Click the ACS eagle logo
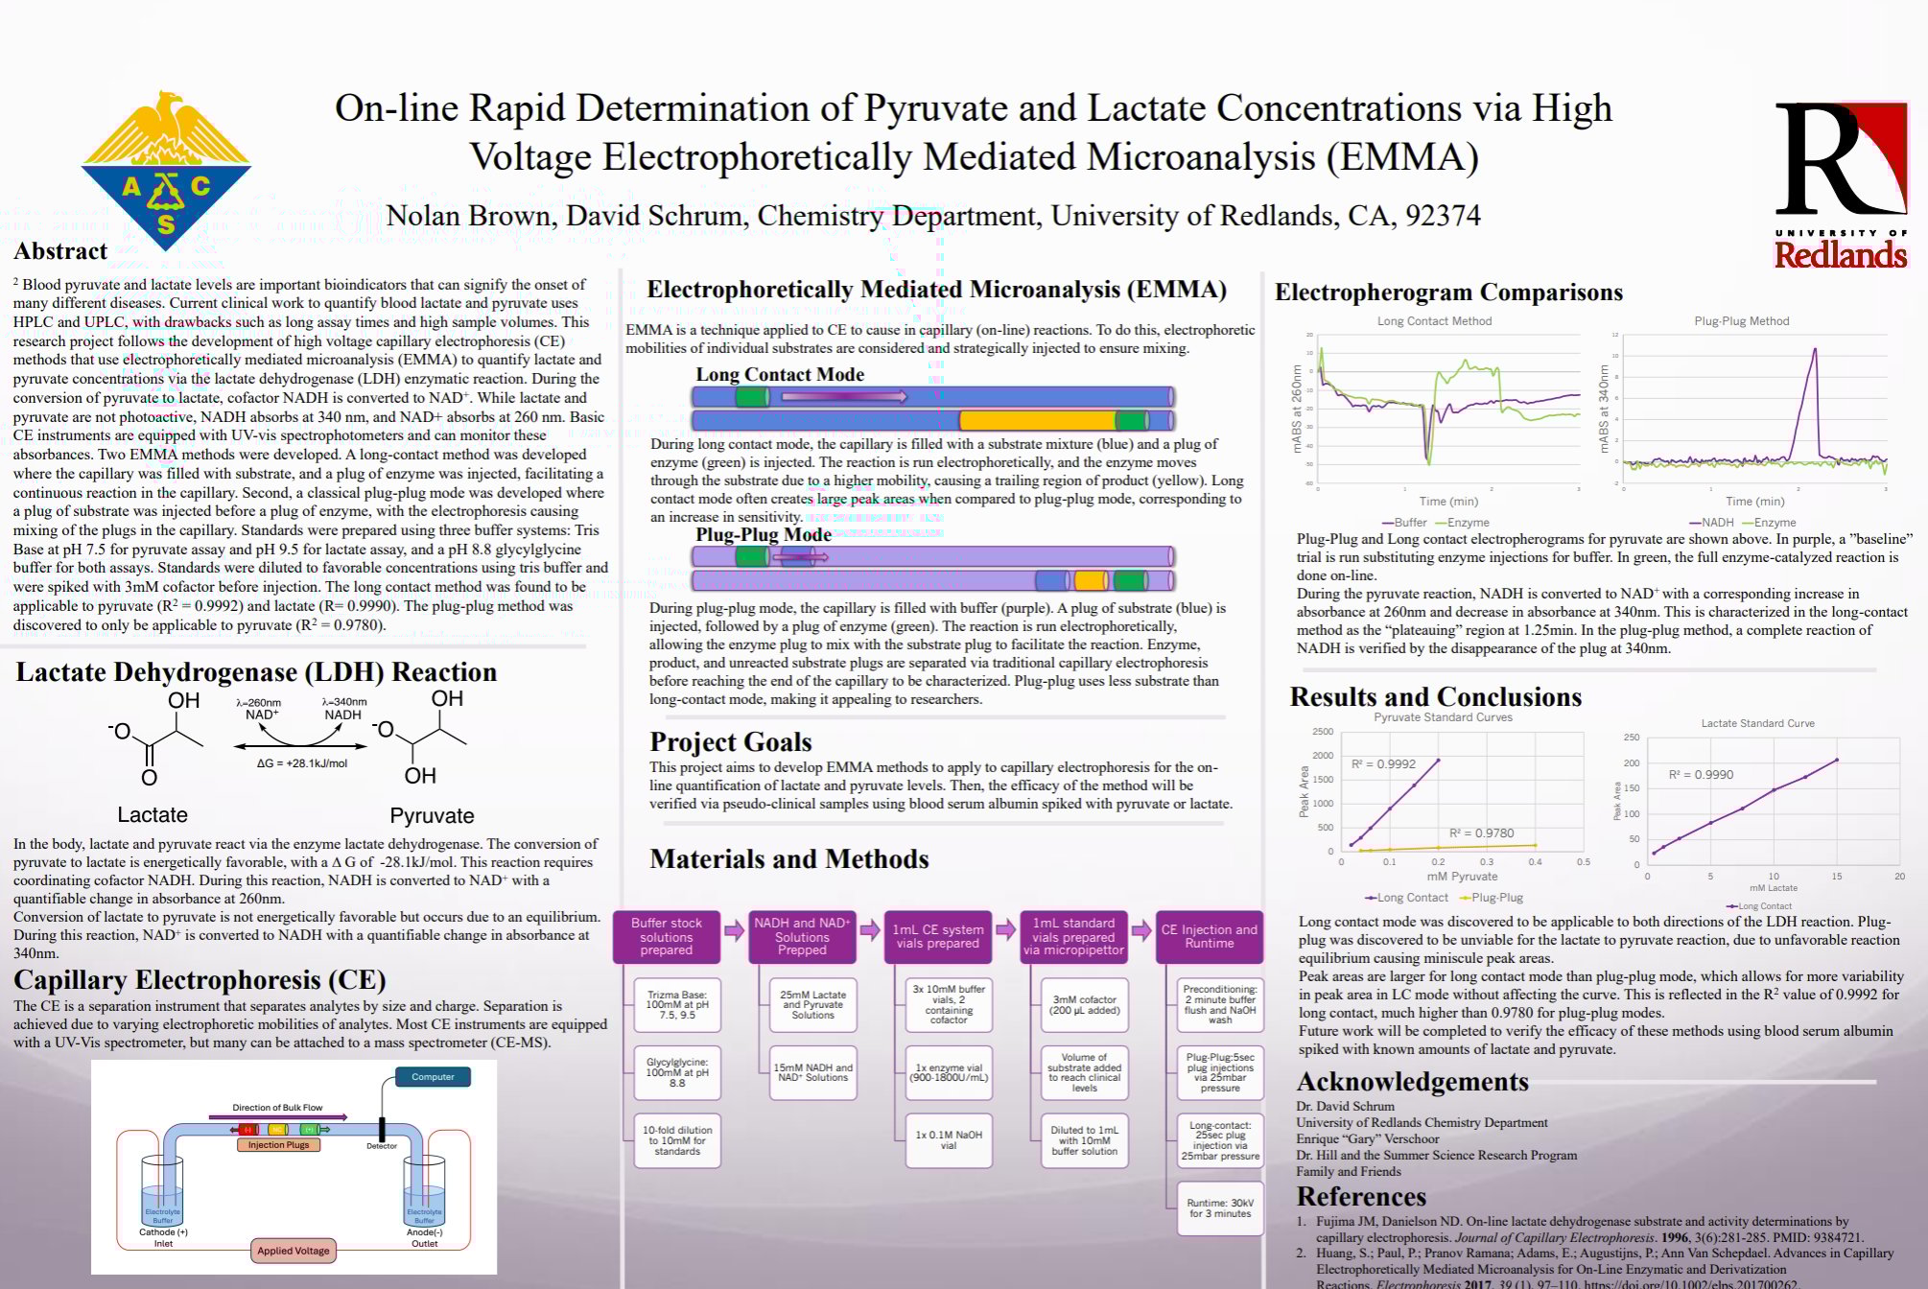click(166, 170)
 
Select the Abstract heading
click(60, 251)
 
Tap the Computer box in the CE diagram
click(433, 1077)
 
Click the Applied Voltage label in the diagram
click(293, 1251)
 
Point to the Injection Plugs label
click(278, 1145)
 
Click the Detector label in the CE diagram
click(381, 1146)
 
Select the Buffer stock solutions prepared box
click(666, 937)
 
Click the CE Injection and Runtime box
click(1209, 937)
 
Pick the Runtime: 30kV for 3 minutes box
click(1220, 1208)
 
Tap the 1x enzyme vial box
click(948, 1072)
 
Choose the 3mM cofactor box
click(1084, 1004)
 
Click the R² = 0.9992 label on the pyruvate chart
click(1383, 764)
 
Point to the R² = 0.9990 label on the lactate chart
click(1701, 775)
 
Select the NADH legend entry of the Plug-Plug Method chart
click(1711, 523)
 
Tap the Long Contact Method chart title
click(1434, 321)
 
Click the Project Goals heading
click(730, 742)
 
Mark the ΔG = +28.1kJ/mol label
click(301, 764)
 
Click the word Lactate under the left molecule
click(153, 815)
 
